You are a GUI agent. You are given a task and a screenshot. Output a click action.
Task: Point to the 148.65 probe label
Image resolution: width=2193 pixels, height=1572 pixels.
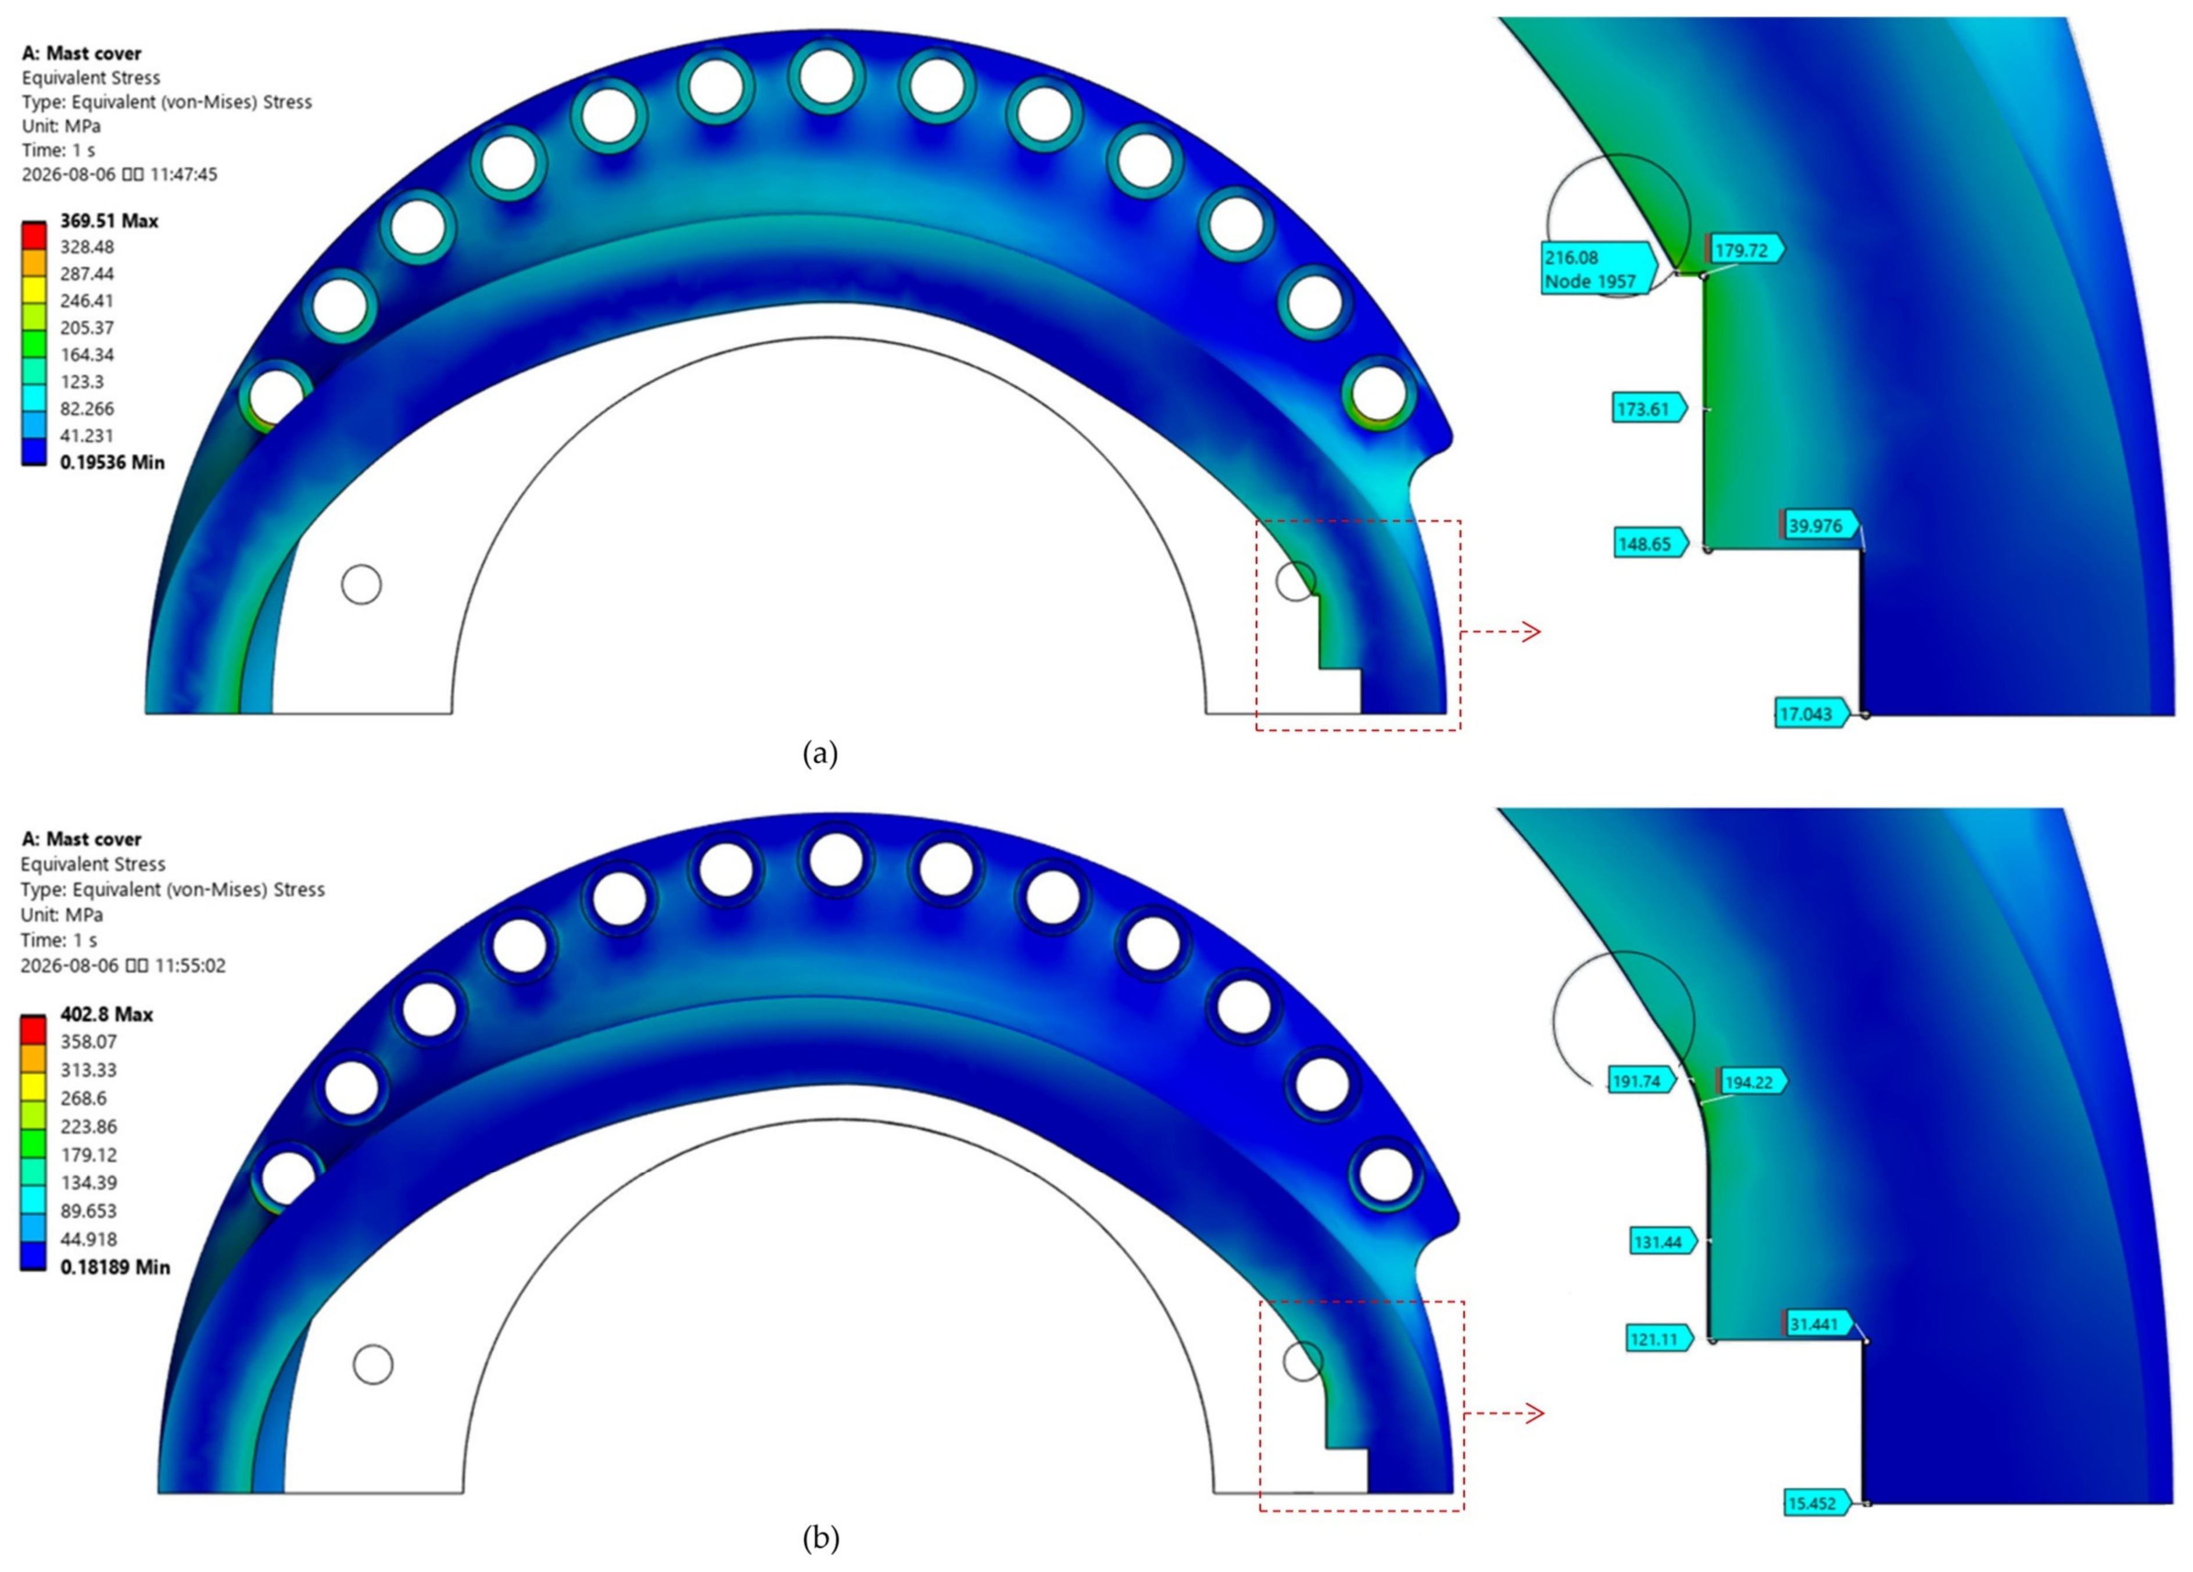point(1649,543)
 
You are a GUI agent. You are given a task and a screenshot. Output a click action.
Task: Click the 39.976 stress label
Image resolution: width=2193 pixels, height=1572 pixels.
point(1817,525)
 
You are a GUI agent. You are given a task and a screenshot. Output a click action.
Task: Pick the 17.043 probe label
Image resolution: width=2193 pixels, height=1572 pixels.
point(1810,713)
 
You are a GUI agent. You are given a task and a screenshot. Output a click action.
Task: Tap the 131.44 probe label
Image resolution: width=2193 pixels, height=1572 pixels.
point(1662,1241)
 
